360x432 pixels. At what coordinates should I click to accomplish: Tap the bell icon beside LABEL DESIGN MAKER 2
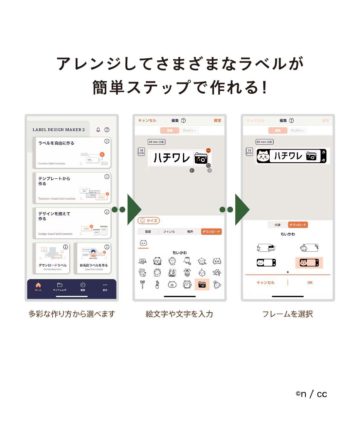pyautogui.click(x=98, y=130)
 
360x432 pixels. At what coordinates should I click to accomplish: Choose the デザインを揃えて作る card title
pyautogui.click(x=54, y=216)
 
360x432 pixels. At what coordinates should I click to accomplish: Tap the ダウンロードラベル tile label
pyautogui.click(x=52, y=265)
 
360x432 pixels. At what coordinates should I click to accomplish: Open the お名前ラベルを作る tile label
pyautogui.click(x=94, y=265)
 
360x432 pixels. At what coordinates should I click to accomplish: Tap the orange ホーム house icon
pyautogui.click(x=38, y=285)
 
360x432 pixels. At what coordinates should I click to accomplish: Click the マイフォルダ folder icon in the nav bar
pyautogui.click(x=60, y=285)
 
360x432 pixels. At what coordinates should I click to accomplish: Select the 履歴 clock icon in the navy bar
pyautogui.click(x=83, y=285)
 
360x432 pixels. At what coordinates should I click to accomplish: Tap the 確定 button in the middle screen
pyautogui.click(x=217, y=120)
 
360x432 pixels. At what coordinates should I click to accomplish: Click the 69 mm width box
pyautogui.click(x=156, y=142)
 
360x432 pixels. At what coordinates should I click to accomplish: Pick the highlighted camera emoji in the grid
pyautogui.click(x=202, y=285)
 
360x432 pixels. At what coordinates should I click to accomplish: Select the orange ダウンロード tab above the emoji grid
pyautogui.click(x=211, y=232)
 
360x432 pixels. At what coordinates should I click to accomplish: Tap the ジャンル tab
pyautogui.click(x=169, y=232)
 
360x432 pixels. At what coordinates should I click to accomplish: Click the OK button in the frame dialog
pyautogui.click(x=310, y=282)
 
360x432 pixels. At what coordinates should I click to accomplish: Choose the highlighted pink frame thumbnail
pyautogui.click(x=309, y=262)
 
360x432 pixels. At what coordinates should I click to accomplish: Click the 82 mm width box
pyautogui.click(x=264, y=142)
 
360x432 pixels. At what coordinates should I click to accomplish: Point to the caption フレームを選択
pyautogui.click(x=287, y=314)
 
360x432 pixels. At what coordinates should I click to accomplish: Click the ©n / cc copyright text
pyautogui.click(x=311, y=394)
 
